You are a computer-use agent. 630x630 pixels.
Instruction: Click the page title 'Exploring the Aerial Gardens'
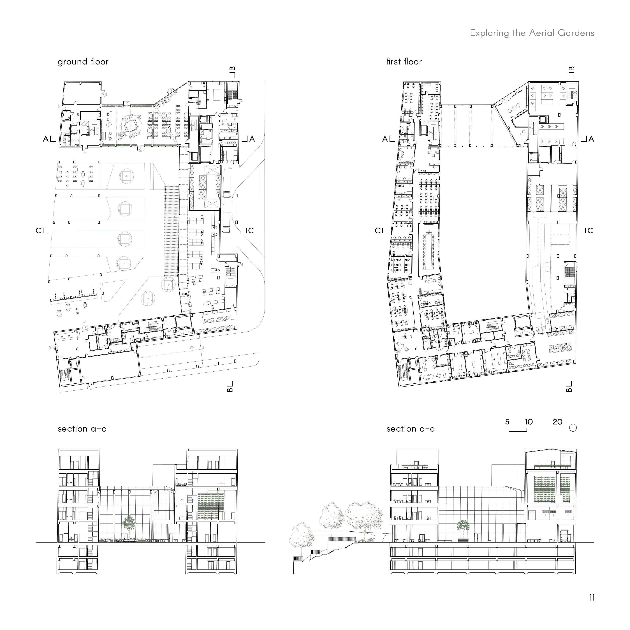pyautogui.click(x=532, y=33)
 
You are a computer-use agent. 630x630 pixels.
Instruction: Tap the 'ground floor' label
pyautogui.click(x=83, y=62)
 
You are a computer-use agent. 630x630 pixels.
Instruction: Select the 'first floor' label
pyautogui.click(x=404, y=62)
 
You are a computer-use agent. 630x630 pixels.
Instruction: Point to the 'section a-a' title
pyautogui.click(x=82, y=429)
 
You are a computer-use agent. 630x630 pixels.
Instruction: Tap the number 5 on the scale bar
pyautogui.click(x=507, y=422)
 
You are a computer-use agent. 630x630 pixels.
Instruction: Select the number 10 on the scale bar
pyautogui.click(x=529, y=422)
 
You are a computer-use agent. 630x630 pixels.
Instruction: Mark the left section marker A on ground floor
pyautogui.click(x=46, y=139)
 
